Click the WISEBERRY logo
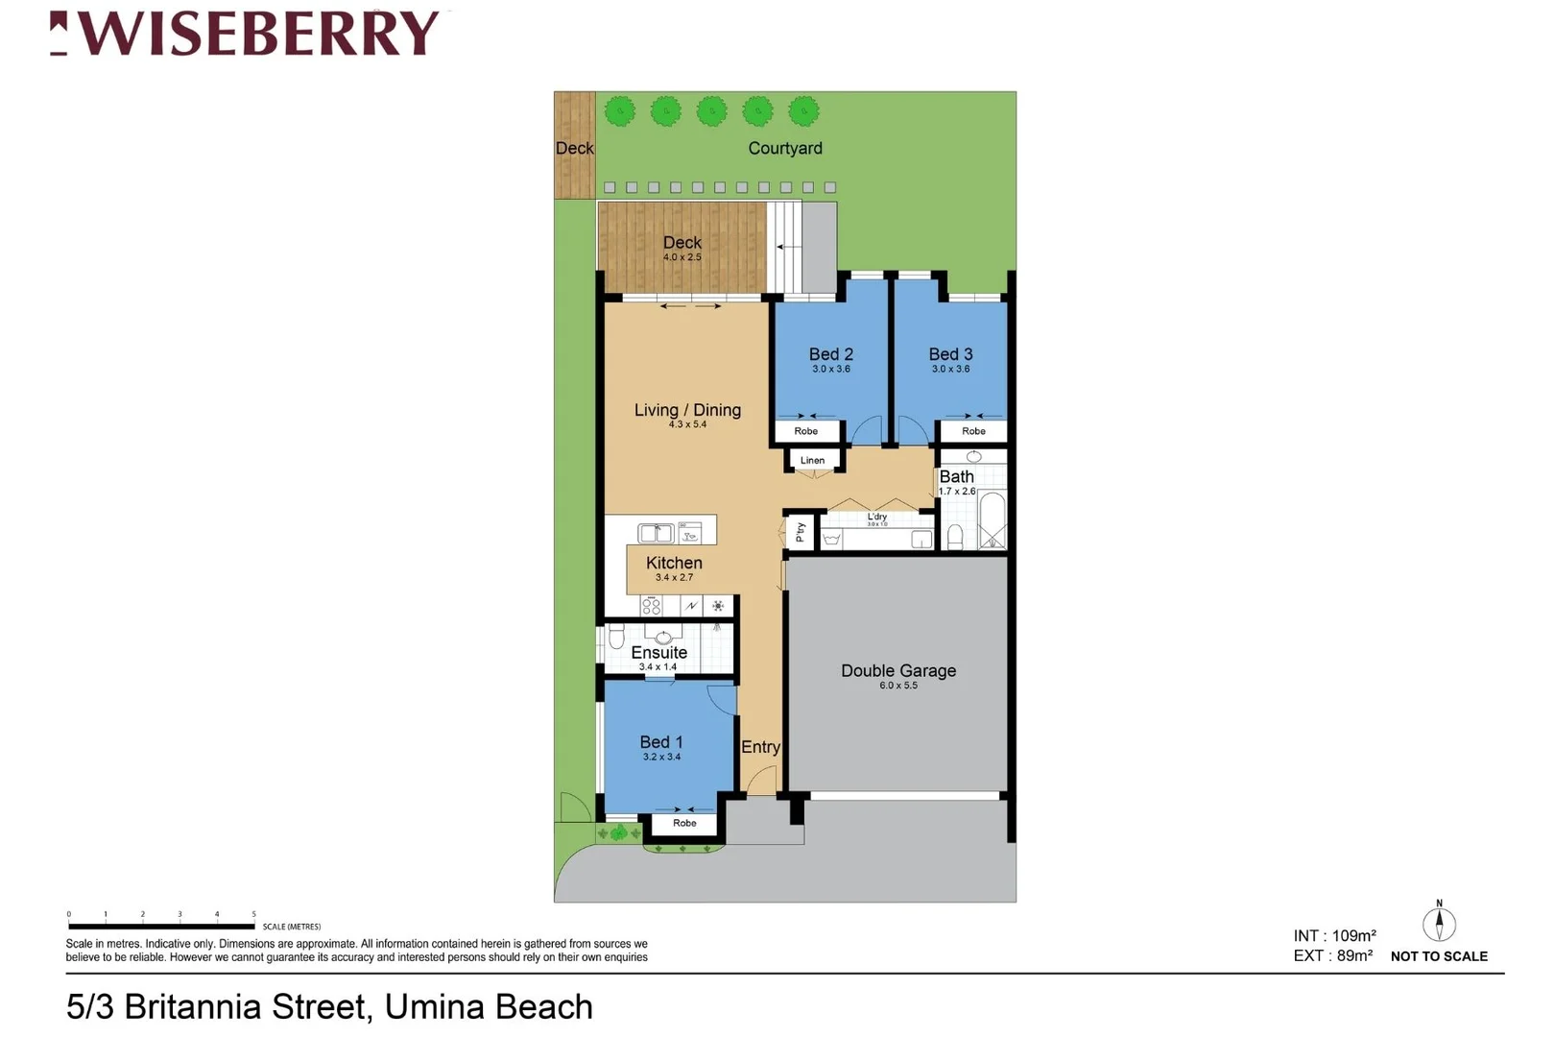246,34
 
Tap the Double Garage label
898,671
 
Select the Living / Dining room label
687,410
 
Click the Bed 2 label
830,354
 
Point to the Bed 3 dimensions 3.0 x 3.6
950,369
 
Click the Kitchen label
674,564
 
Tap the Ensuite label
658,652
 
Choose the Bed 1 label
661,742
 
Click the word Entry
760,747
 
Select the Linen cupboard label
812,460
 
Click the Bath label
956,477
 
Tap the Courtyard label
785,148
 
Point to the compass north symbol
1439,923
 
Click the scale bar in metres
161,926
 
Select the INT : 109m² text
1334,935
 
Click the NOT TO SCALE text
1439,956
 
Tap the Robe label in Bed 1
684,823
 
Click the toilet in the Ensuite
616,637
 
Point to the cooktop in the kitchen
652,605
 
